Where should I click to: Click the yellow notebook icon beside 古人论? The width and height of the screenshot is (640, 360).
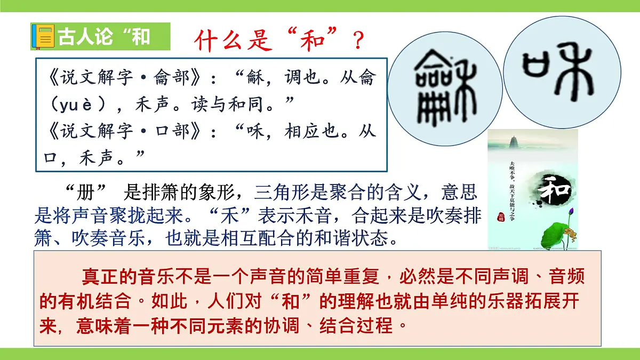(x=44, y=37)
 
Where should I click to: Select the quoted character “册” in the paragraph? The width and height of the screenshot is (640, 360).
(x=85, y=193)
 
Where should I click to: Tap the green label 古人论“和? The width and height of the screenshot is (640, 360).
(x=103, y=37)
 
